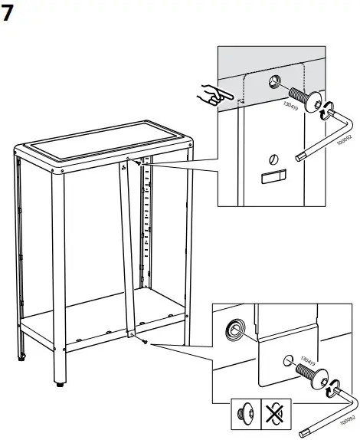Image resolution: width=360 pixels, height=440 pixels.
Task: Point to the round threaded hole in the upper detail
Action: [275, 82]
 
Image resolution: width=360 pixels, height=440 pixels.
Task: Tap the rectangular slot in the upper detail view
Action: [272, 179]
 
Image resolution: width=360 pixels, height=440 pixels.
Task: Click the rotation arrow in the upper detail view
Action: [325, 110]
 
